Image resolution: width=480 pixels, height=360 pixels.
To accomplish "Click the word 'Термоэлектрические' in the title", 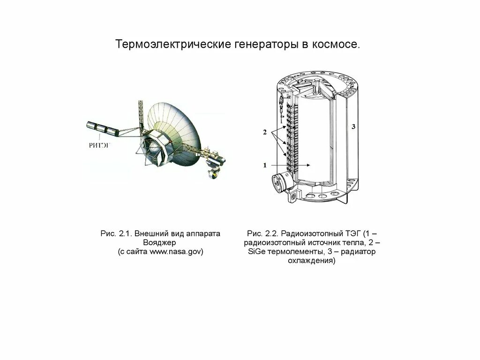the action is click(x=172, y=45).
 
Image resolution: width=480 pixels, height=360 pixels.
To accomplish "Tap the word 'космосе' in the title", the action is click(x=337, y=45).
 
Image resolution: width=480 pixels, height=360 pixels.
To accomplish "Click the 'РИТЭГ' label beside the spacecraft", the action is click(x=99, y=145).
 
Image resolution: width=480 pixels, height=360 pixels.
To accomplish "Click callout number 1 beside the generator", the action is click(x=265, y=165).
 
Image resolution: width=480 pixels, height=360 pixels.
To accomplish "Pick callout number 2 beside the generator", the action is click(x=264, y=133).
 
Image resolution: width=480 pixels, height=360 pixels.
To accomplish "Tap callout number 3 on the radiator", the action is click(x=354, y=127).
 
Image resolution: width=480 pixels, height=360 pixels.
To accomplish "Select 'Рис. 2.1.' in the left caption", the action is click(x=115, y=233).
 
